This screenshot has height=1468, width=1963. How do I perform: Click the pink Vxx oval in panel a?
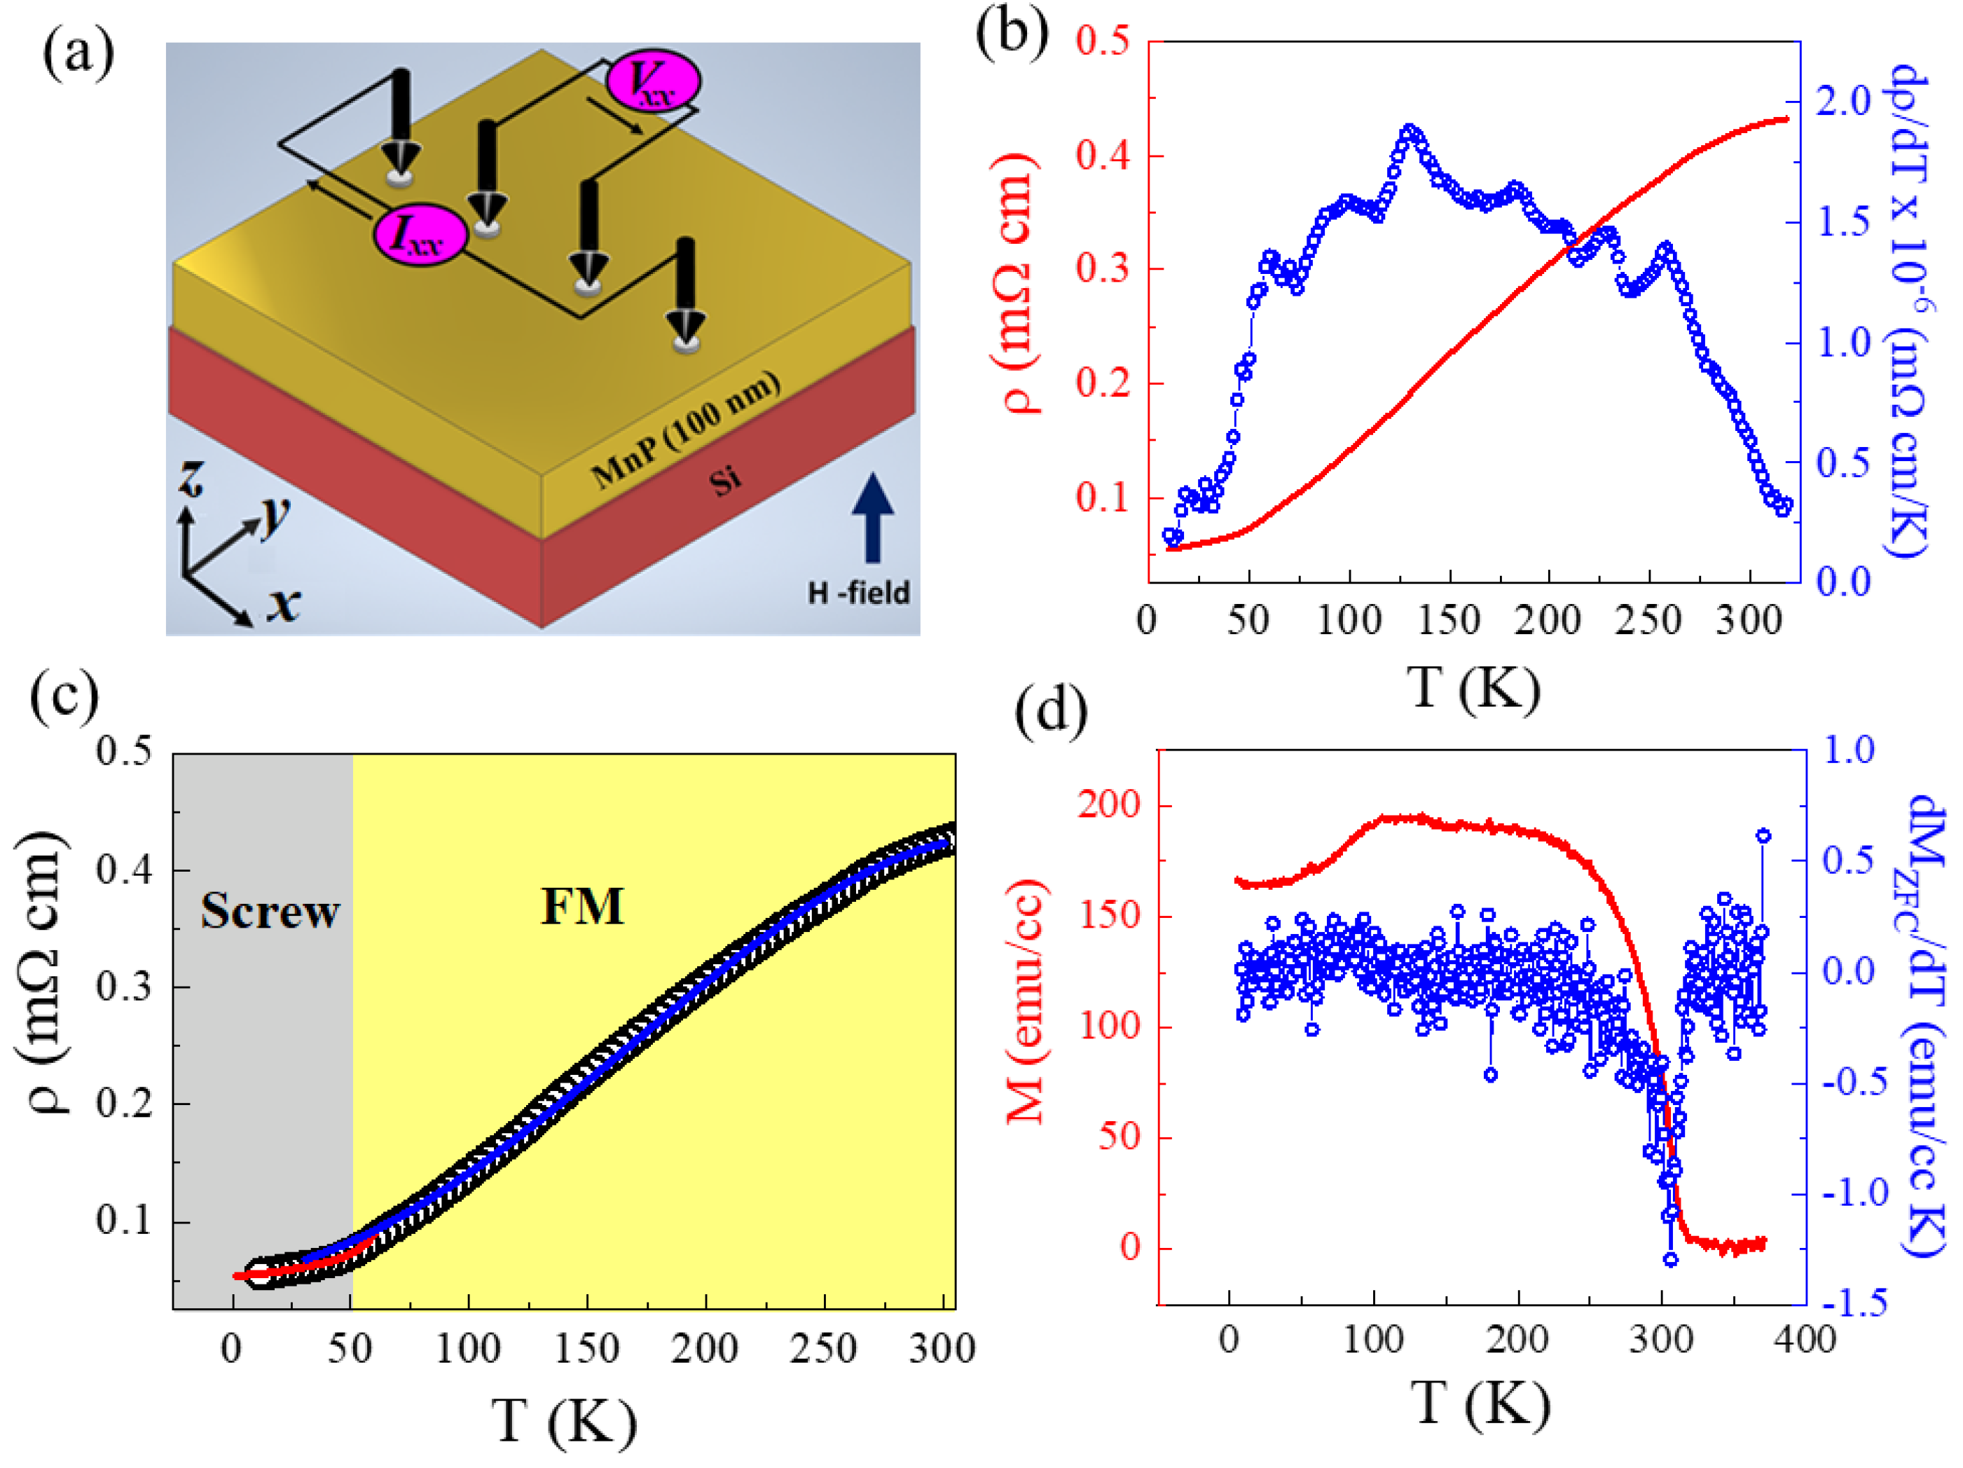click(653, 81)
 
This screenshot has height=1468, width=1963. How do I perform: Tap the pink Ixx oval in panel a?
click(419, 235)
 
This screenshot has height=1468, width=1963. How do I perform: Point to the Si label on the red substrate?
click(725, 480)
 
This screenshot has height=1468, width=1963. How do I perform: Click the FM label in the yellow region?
click(582, 906)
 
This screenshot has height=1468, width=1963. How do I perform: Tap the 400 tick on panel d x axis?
click(1804, 1338)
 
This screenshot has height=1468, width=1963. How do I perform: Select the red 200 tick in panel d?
click(1108, 804)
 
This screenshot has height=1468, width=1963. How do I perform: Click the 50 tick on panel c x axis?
click(350, 1349)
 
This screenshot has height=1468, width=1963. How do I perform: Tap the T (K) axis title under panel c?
click(565, 1421)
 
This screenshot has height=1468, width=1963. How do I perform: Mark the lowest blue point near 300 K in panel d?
click(1671, 1259)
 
